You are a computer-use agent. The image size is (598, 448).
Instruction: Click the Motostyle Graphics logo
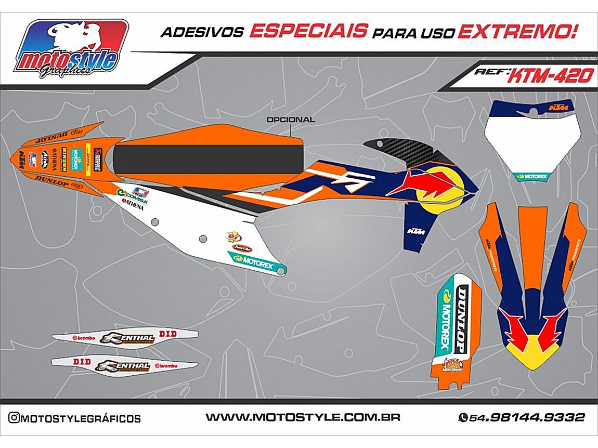click(x=71, y=49)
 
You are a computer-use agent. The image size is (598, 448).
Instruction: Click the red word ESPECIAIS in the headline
click(x=308, y=31)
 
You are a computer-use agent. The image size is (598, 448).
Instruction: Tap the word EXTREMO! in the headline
click(x=517, y=31)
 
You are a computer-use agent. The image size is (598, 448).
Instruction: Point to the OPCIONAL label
click(x=290, y=120)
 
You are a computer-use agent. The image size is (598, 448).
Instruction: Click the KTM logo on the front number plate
click(x=559, y=108)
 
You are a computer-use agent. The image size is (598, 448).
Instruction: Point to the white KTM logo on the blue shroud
click(x=415, y=230)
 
